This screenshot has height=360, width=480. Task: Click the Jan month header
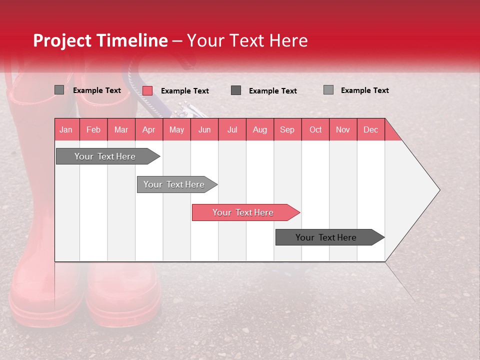tap(66, 129)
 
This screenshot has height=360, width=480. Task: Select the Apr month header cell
tap(149, 129)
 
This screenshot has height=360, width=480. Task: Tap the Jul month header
tap(232, 129)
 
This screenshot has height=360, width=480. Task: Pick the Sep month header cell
tap(287, 129)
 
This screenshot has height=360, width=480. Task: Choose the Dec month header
tap(370, 129)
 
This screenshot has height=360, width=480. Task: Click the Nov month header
tap(343, 129)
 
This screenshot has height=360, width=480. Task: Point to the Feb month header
tap(93, 129)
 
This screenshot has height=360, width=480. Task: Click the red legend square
tap(147, 90)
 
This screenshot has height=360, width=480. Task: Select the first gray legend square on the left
tap(59, 90)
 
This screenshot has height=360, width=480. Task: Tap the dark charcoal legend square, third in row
tap(236, 90)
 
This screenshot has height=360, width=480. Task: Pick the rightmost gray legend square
tap(328, 89)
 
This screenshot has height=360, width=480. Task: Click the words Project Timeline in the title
tap(100, 40)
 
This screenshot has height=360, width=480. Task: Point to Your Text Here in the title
tap(247, 40)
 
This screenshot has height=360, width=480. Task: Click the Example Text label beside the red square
tap(184, 90)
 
